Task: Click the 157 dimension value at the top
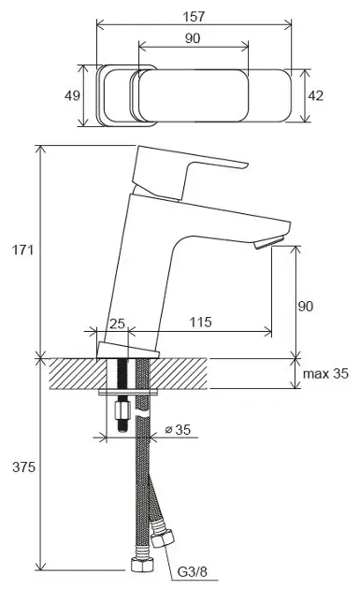(194, 17)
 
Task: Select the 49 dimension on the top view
(72, 95)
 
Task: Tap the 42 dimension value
(315, 95)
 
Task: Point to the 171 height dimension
(23, 250)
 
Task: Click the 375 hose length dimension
(23, 467)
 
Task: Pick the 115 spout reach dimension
(200, 323)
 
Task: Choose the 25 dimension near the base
(117, 323)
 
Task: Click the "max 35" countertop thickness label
(325, 374)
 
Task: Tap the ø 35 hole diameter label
(178, 429)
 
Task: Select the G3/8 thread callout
(192, 572)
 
